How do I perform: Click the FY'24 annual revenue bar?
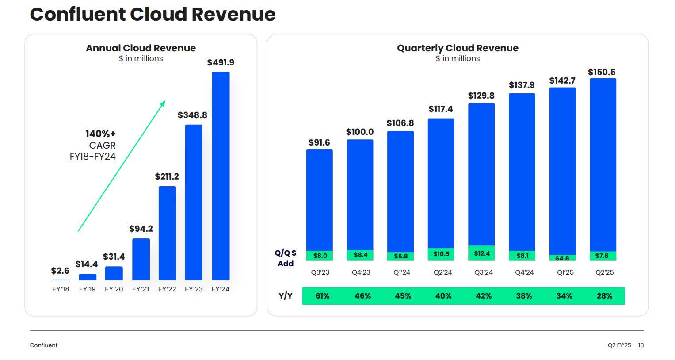(x=221, y=176)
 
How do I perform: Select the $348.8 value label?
(x=192, y=115)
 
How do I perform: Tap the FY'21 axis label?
(x=141, y=289)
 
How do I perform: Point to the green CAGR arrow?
(x=122, y=166)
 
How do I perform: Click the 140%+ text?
(x=100, y=134)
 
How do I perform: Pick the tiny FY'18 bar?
(x=61, y=280)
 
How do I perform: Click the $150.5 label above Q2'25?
(x=602, y=72)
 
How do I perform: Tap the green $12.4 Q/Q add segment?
(x=481, y=253)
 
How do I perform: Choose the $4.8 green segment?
(x=562, y=258)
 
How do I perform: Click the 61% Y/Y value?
(x=322, y=296)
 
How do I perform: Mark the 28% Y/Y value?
(x=605, y=296)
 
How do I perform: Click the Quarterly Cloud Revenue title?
(x=458, y=48)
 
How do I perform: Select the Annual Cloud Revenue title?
(x=141, y=48)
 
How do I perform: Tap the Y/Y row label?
(x=286, y=296)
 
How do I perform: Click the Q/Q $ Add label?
(x=286, y=258)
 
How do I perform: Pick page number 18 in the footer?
(x=641, y=345)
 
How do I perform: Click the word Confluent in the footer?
(x=44, y=345)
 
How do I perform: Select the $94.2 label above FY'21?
(x=141, y=229)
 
